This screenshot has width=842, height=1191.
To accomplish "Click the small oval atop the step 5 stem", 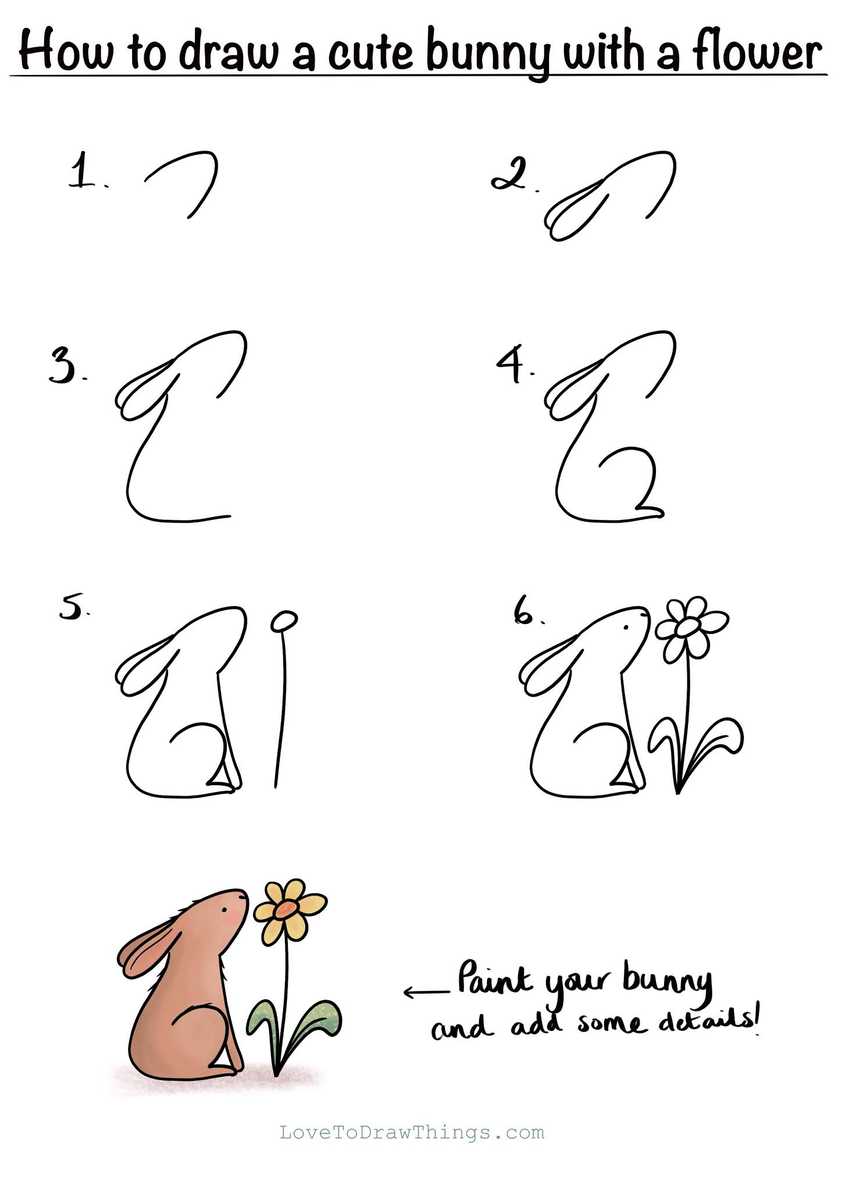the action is tap(284, 621).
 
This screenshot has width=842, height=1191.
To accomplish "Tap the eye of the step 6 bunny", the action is tap(626, 627).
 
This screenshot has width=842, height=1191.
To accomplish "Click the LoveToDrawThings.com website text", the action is tap(412, 1132).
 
